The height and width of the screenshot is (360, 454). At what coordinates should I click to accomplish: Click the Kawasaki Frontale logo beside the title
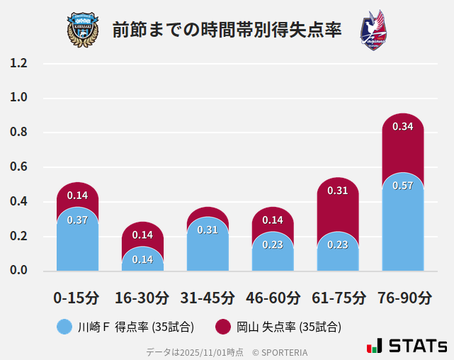tap(83, 30)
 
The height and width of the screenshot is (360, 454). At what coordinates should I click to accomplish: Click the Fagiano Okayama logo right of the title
tap(373, 30)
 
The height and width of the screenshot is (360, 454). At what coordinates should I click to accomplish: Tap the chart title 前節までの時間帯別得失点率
tap(227, 30)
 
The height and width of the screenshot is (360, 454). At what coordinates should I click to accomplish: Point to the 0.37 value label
tap(77, 220)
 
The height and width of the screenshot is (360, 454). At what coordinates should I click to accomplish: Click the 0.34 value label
tap(402, 127)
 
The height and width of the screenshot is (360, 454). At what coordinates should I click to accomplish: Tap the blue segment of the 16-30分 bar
tap(142, 260)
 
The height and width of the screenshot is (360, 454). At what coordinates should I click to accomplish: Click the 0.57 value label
tap(402, 186)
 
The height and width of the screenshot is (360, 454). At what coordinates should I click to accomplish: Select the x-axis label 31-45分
tap(208, 298)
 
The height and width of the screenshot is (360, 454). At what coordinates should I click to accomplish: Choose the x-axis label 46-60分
tap(273, 298)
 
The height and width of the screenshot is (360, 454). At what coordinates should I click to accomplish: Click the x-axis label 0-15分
tap(77, 298)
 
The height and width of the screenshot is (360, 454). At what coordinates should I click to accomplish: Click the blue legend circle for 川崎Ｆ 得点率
tap(64, 327)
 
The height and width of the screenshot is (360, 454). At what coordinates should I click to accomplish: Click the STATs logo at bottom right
tap(407, 347)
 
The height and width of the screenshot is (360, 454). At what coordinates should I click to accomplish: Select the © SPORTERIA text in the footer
tap(280, 352)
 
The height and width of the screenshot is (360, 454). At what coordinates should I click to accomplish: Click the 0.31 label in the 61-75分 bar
tap(338, 191)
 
